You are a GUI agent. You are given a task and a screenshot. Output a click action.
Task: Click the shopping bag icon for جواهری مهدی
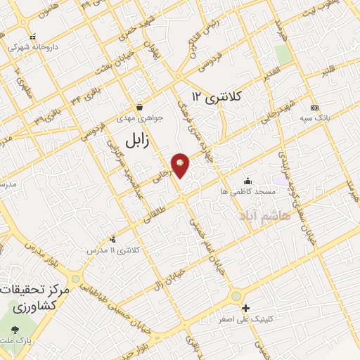coord(140,108)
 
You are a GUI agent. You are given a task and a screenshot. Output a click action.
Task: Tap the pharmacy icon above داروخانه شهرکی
coord(32,37)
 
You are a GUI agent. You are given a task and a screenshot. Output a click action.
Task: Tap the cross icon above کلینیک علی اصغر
coord(245,308)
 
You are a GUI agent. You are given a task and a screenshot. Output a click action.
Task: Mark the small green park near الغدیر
coord(283,54)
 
